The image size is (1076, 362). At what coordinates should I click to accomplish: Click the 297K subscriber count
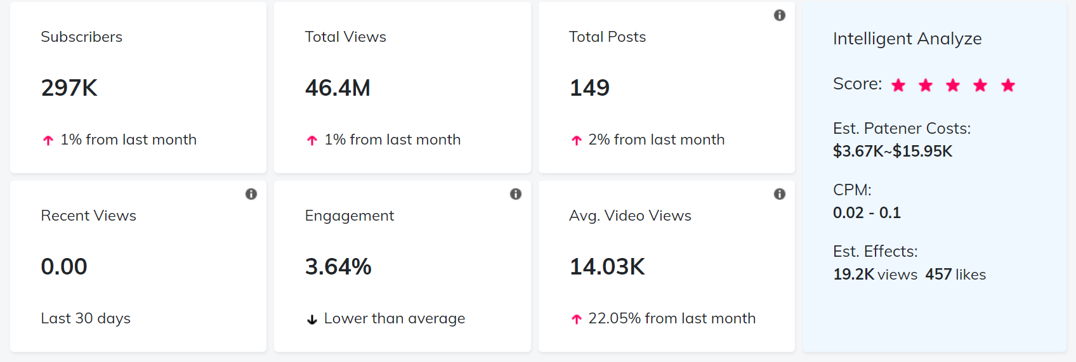point(69,88)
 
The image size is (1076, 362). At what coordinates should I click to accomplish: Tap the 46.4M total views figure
point(338,88)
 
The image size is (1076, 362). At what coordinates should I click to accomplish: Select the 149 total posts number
point(589,88)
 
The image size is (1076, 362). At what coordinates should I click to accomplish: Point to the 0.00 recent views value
point(64,267)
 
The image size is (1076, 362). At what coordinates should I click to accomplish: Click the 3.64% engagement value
point(338,267)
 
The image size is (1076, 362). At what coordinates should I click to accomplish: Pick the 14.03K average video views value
point(607,267)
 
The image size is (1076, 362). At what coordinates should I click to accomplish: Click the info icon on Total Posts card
point(780,15)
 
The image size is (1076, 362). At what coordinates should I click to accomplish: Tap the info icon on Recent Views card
point(251,194)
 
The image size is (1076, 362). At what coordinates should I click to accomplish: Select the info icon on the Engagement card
point(516,194)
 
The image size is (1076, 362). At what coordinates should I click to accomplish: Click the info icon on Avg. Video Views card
point(780,194)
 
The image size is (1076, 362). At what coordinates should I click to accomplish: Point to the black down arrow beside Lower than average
point(312,320)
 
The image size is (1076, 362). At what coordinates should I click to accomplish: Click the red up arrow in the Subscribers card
point(48,140)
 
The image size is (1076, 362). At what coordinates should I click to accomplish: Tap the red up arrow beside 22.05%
point(576,319)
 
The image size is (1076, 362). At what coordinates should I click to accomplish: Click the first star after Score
point(898,85)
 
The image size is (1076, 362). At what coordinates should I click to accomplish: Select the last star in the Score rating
point(1008,85)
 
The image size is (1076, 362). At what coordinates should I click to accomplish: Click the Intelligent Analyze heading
point(907,39)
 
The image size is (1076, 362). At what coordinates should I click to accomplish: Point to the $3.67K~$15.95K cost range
point(893,152)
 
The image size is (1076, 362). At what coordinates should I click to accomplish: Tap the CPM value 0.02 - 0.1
point(867,213)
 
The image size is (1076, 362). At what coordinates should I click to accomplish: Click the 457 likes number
point(938,275)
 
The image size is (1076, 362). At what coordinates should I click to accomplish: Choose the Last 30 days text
point(86,318)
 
